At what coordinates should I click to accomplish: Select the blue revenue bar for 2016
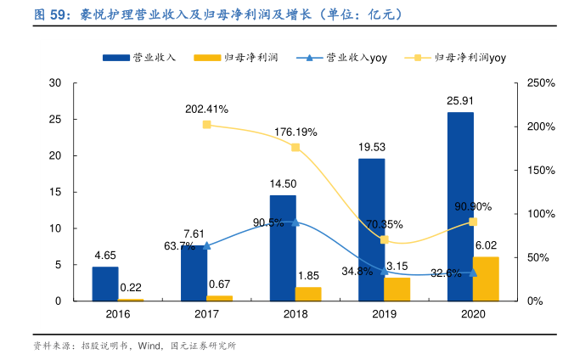coord(105,284)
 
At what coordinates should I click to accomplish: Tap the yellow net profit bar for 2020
coord(486,278)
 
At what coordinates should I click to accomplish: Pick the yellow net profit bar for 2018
coord(308,294)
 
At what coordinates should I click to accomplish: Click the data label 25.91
coord(460,100)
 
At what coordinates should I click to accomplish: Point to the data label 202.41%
coord(206,110)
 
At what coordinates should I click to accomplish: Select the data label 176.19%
coord(295,132)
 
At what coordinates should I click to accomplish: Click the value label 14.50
coord(283,183)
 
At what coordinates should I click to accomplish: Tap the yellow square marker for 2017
coord(206,125)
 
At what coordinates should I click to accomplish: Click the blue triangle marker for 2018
coord(295,222)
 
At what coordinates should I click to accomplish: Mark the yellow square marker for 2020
coord(473,222)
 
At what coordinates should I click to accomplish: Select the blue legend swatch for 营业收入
coord(115,58)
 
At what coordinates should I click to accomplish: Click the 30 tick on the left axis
coord(55,83)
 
